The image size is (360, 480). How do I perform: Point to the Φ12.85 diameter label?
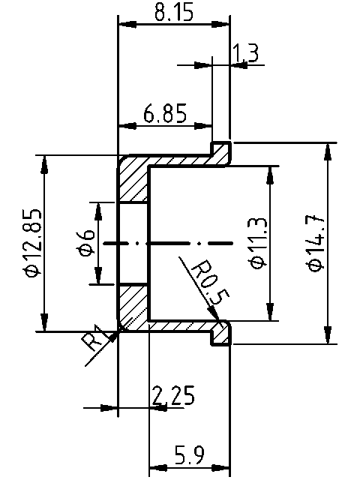point(31,244)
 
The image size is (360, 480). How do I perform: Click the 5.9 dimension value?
point(189,455)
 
